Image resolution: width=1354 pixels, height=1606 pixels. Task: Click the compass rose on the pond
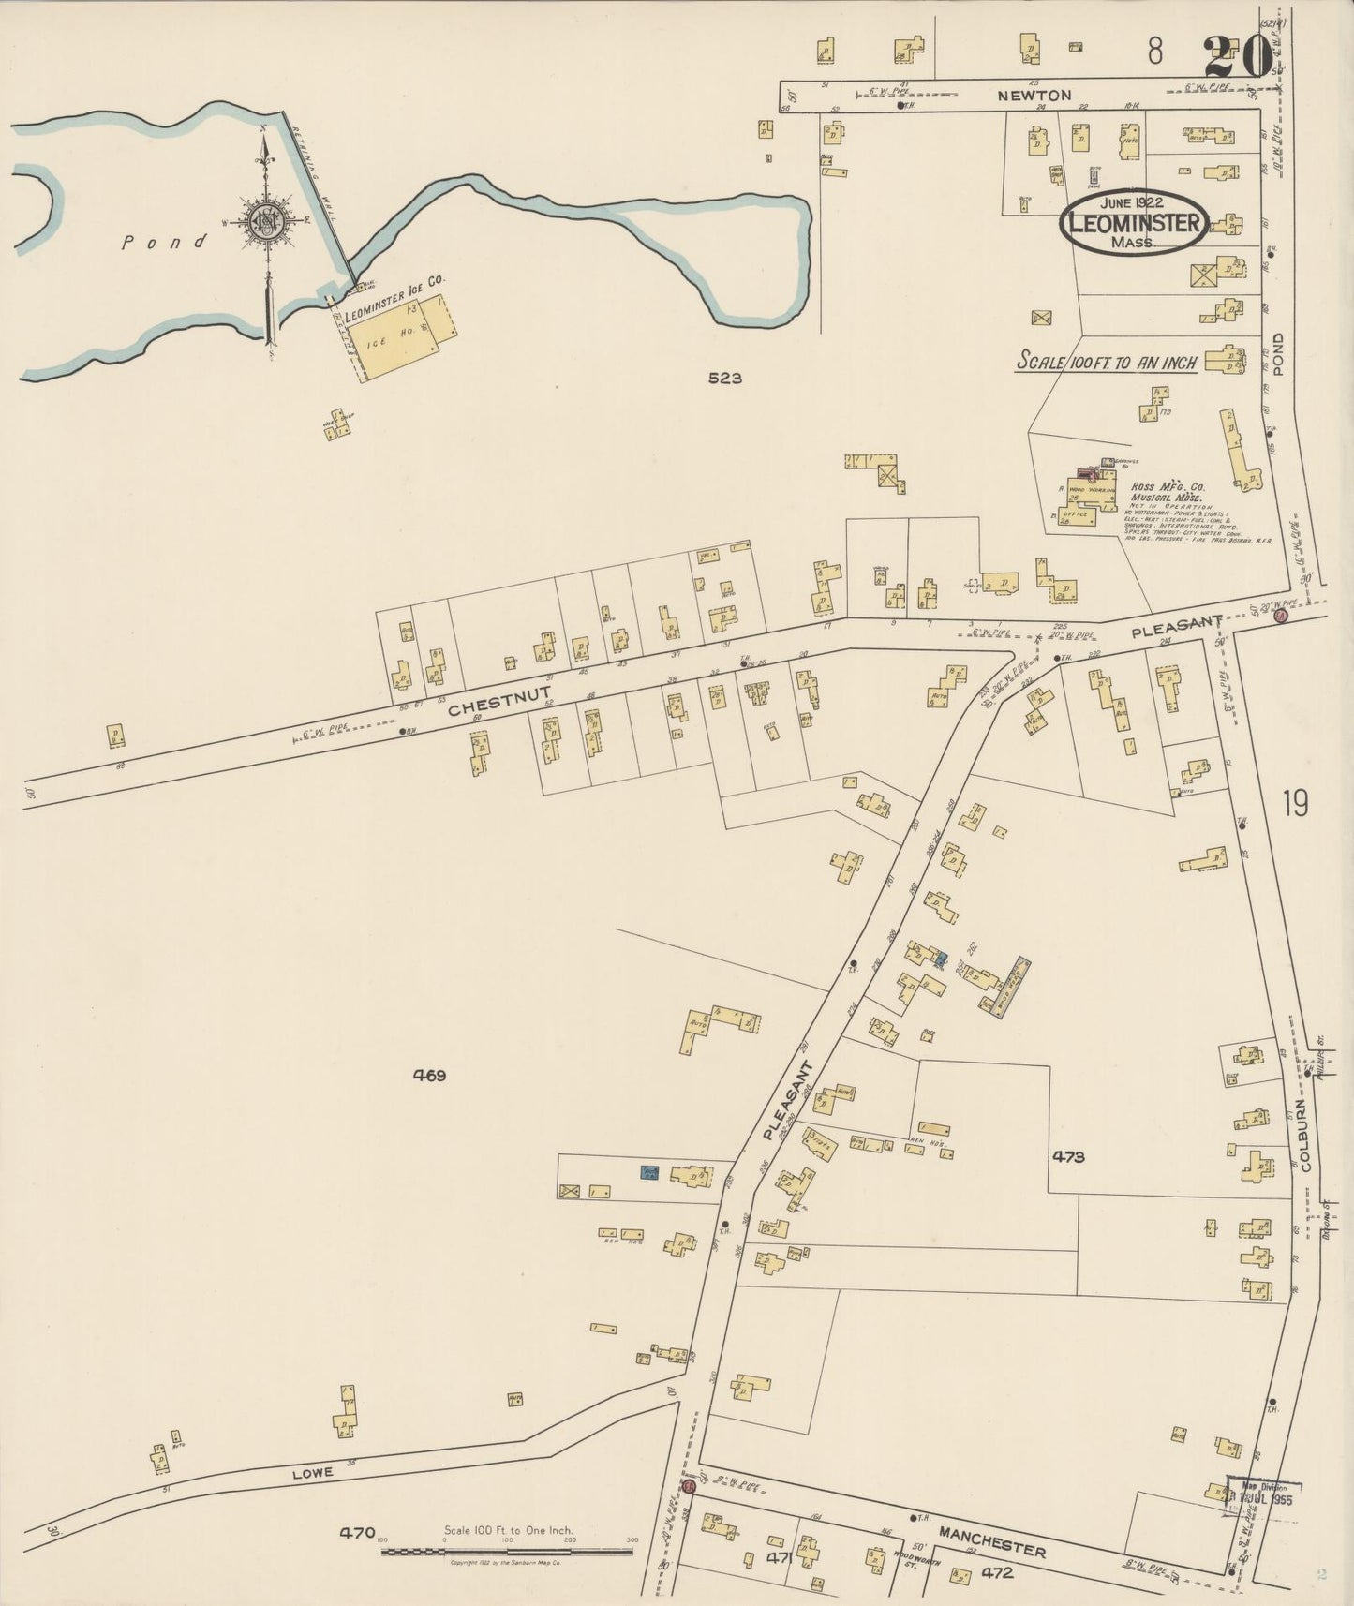point(266,221)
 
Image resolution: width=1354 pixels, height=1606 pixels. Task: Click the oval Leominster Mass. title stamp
point(1133,223)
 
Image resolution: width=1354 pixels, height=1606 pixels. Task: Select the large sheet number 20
point(1239,56)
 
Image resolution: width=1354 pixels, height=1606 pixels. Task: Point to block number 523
point(725,379)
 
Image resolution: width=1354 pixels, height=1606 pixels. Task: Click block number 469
point(429,1076)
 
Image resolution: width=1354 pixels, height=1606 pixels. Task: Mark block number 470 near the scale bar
point(358,1533)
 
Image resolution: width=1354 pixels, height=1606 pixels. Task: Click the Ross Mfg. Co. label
point(1168,486)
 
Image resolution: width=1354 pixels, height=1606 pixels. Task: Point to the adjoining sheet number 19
point(1296,803)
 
